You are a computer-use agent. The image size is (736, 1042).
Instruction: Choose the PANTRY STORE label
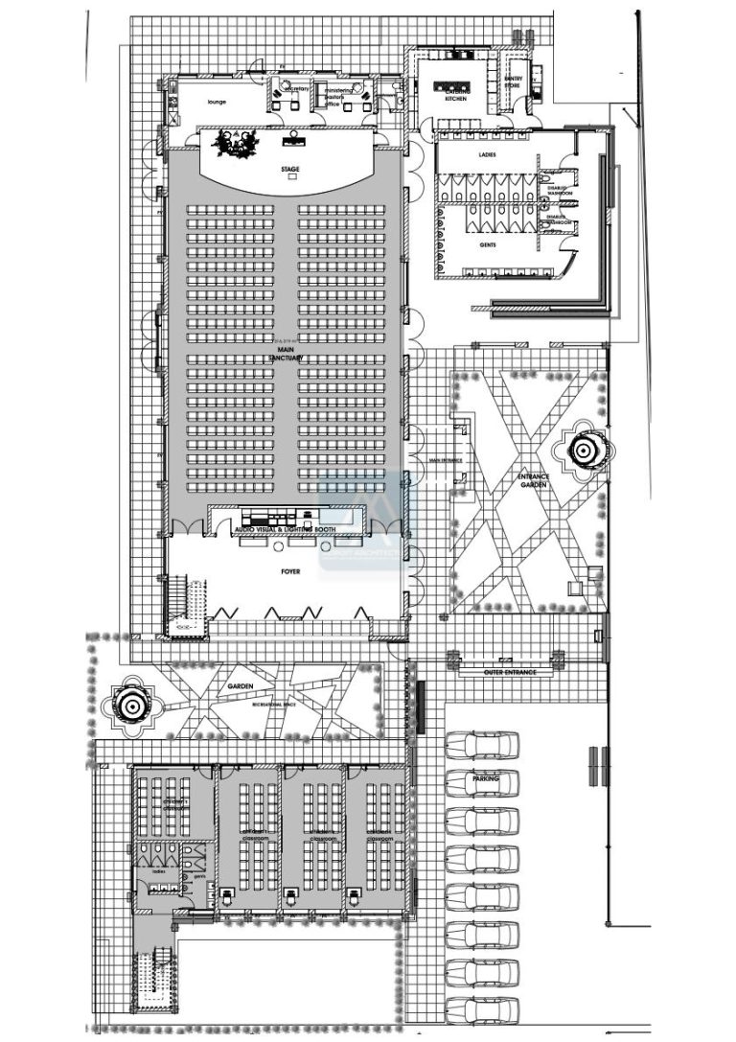(514, 82)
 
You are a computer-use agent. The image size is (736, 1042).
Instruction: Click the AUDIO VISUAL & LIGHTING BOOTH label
(288, 529)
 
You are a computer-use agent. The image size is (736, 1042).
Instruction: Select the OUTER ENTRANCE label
(508, 672)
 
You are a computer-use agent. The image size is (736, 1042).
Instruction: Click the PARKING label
(486, 780)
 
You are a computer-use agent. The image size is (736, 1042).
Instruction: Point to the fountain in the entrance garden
(583, 449)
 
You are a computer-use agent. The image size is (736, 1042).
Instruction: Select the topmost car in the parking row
(481, 746)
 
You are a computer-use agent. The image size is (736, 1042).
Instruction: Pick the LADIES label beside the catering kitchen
(487, 153)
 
